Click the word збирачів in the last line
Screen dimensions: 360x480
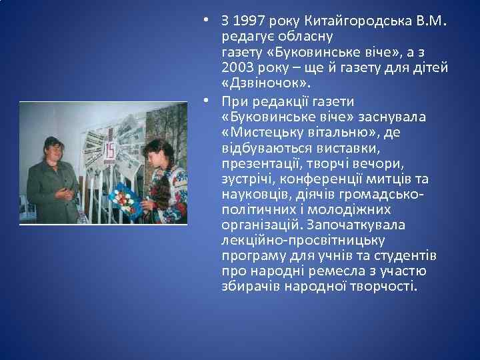[250, 287]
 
